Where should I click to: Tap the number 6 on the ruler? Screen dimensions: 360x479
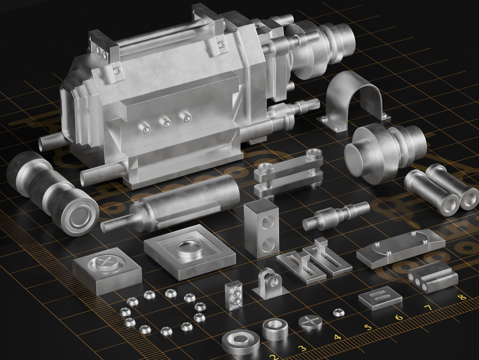click(399, 318)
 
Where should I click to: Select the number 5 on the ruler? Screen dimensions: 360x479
click(368, 327)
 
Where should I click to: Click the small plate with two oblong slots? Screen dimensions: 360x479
click(379, 297)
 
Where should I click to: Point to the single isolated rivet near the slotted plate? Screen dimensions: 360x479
click(338, 312)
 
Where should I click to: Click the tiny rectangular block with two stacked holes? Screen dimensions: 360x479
click(233, 296)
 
